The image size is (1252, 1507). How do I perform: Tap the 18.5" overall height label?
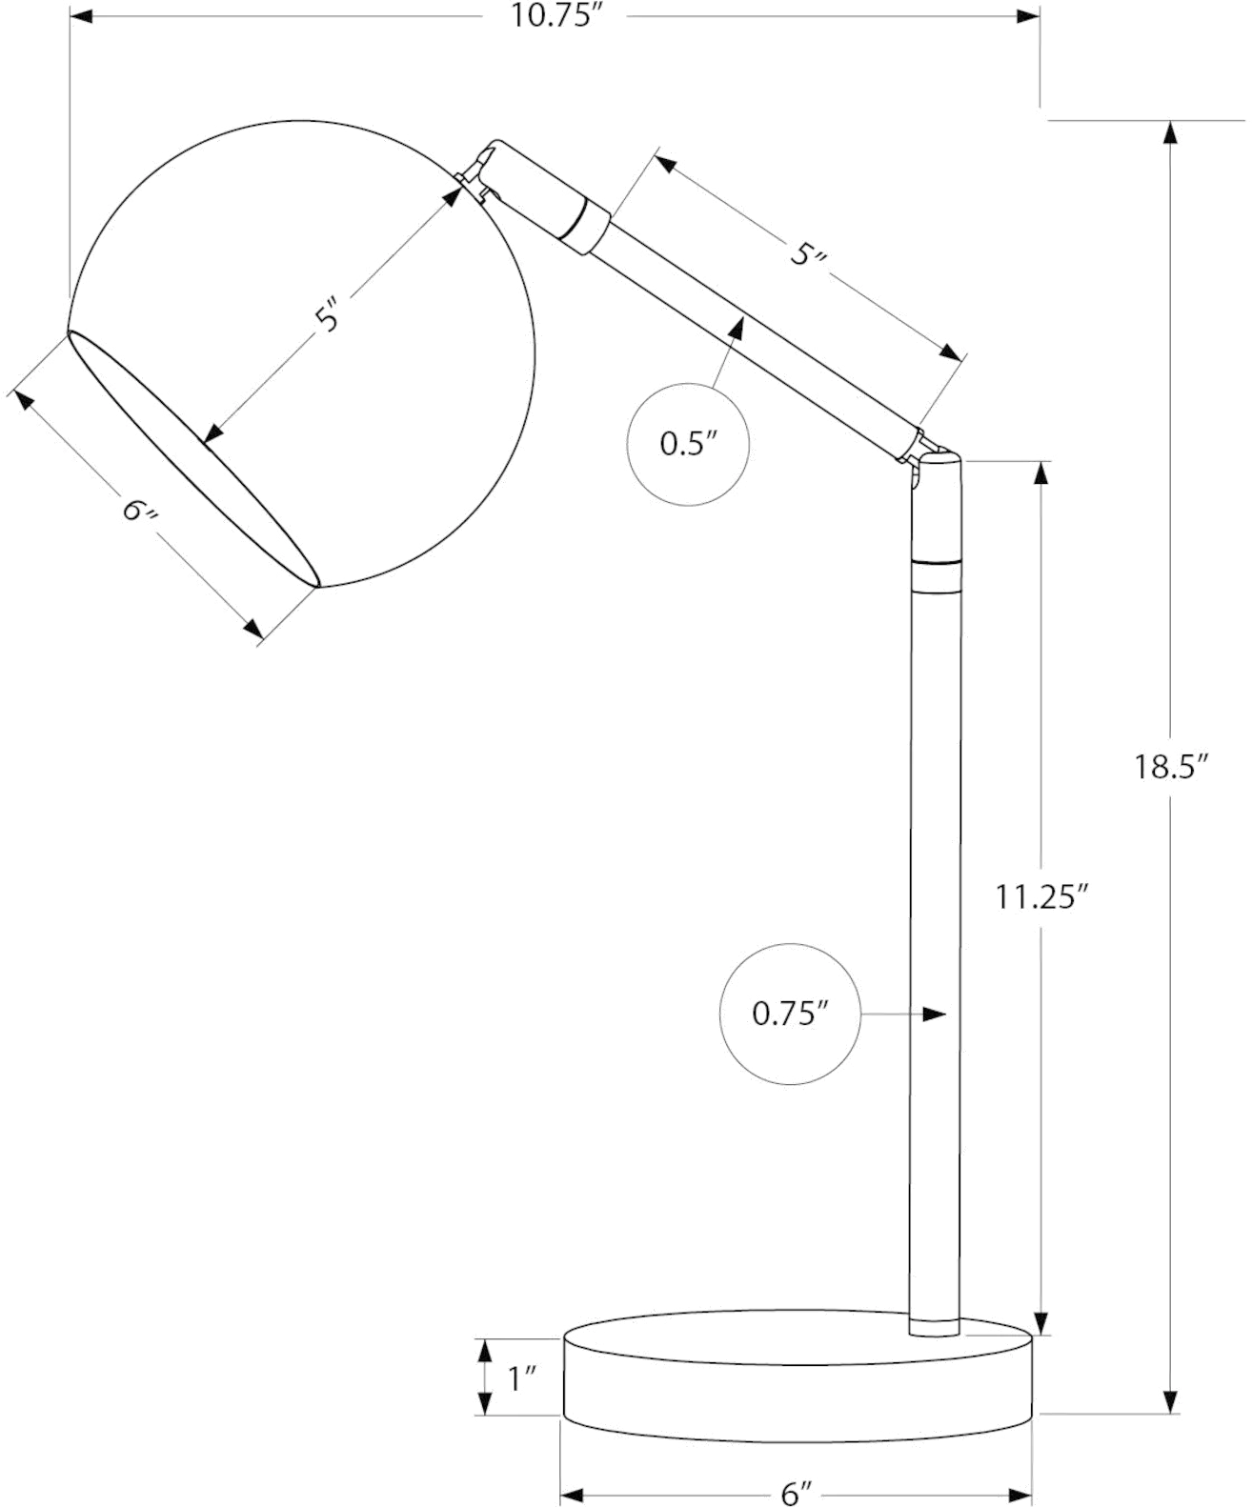coord(1170,767)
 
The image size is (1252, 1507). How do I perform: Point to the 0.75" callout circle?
coord(790,1015)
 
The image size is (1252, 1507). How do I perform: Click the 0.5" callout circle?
coord(689,443)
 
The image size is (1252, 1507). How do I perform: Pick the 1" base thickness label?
coord(523,1378)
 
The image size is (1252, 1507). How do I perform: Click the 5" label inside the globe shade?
coord(330,314)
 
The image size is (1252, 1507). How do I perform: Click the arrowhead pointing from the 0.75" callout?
coord(935,1015)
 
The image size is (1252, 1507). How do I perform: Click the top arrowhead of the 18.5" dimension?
coord(1170,132)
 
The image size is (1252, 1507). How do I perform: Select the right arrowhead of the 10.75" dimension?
coord(1027,16)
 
